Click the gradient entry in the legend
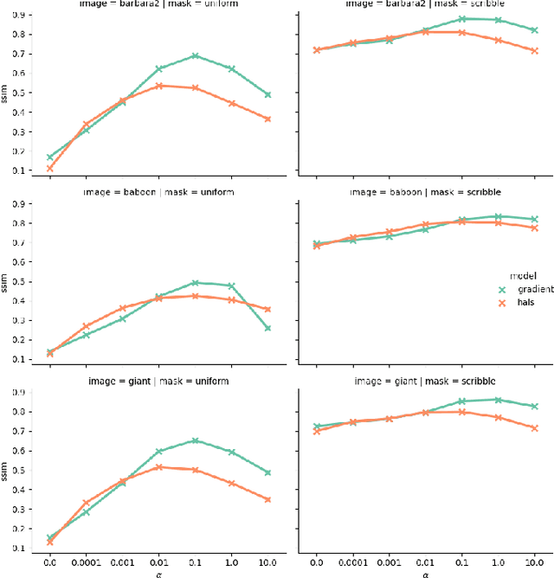519,290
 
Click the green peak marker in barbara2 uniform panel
196,55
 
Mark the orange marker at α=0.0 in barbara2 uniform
49,168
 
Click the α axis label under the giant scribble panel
425,572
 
